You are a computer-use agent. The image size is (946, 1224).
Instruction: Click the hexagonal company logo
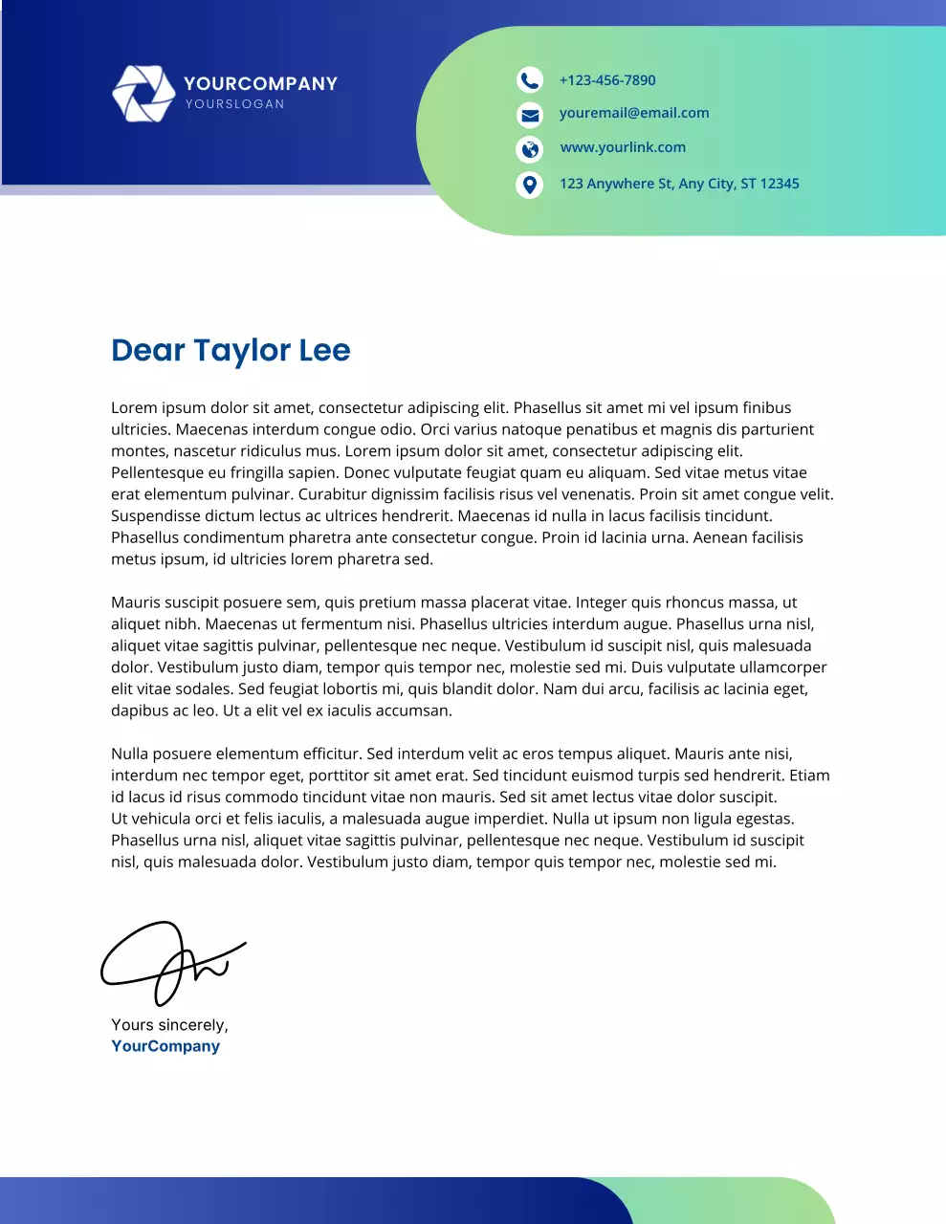143,93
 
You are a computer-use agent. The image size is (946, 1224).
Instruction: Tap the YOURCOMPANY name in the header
260,83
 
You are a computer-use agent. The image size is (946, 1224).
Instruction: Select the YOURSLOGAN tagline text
235,104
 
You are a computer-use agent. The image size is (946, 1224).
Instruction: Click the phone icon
529,79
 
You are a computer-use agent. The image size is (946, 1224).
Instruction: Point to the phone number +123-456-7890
607,80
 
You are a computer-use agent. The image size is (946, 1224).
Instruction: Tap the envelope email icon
529,115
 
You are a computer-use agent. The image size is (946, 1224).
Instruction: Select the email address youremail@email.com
634,113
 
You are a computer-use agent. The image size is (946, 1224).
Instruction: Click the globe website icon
529,149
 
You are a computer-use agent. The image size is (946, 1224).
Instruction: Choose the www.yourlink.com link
623,147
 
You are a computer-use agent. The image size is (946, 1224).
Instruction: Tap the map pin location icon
529,184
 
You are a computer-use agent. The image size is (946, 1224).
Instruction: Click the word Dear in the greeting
147,350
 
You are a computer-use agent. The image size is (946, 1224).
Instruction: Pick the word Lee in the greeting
324,350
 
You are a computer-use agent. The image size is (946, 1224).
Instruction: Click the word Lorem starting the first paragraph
134,407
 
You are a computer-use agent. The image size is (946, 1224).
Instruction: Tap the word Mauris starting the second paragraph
137,602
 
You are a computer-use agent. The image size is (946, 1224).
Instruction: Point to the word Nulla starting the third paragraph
132,754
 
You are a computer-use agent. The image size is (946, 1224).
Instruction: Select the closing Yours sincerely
169,1025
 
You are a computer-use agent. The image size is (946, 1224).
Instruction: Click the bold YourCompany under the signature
165,1046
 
